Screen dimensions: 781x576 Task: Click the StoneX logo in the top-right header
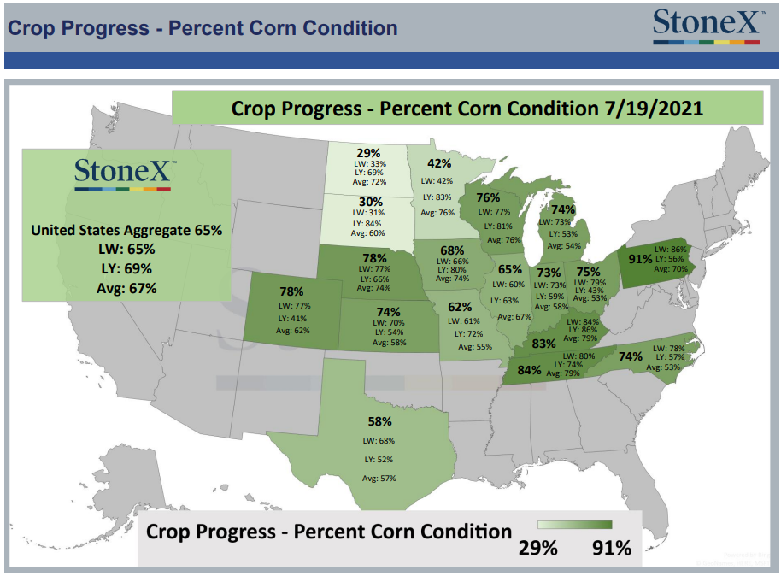708,26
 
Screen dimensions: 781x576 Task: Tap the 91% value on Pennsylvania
640,259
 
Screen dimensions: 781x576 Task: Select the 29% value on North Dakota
368,153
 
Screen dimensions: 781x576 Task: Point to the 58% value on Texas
379,421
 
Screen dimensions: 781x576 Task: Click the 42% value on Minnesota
439,163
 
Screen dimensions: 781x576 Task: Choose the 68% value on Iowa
452,250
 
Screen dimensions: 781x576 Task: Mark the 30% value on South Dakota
371,202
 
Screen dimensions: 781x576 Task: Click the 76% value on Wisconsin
488,197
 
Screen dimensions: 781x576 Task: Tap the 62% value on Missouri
459,307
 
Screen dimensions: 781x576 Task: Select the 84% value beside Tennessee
529,370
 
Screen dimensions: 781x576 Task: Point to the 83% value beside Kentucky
543,344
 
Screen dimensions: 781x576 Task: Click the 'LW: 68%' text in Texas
379,440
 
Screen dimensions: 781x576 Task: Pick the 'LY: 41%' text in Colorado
292,319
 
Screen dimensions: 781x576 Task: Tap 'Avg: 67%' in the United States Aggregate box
126,288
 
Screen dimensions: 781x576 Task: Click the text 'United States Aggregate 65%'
126,230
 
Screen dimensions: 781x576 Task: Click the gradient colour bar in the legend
574,525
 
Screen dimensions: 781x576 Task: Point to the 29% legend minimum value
538,548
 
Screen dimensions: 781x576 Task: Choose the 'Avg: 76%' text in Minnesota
437,212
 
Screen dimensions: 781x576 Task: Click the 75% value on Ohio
588,272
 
